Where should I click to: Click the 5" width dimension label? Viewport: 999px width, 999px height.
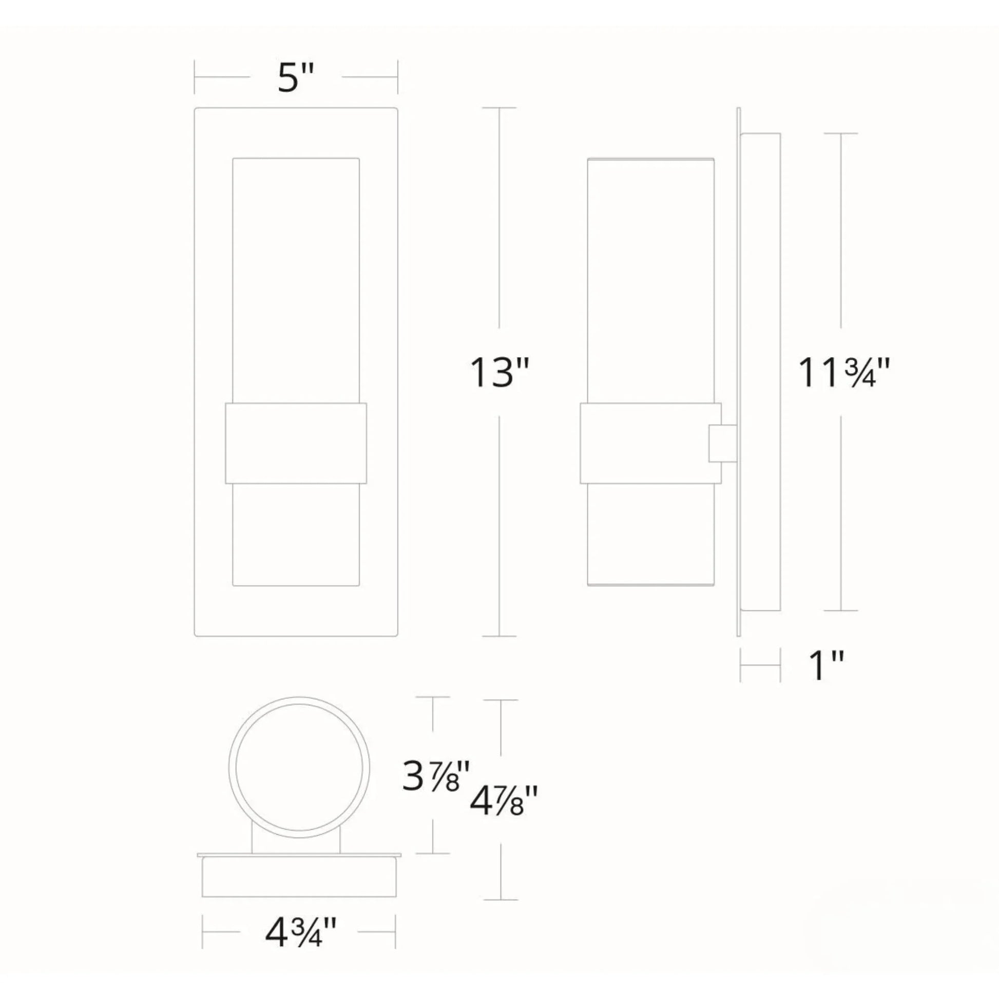coord(296,79)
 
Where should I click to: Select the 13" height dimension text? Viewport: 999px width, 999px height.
coord(499,373)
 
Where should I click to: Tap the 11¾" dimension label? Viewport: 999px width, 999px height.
coord(843,372)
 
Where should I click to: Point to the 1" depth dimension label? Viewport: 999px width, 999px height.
coord(826,666)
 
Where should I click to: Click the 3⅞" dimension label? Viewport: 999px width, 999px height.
coord(436,777)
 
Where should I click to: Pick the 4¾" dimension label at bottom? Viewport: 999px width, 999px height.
coord(300,933)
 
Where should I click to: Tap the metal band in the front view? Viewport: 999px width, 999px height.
coord(296,443)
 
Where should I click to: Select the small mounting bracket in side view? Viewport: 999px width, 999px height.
coord(722,443)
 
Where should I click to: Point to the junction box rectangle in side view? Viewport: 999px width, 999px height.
coord(760,372)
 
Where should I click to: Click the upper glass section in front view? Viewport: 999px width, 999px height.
coord(296,279)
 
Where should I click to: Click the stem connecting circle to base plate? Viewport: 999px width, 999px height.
coord(296,839)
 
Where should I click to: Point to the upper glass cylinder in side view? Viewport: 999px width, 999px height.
coord(650,279)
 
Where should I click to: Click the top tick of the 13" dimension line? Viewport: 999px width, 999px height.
coord(499,108)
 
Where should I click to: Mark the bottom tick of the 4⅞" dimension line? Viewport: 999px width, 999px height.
coord(501,900)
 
